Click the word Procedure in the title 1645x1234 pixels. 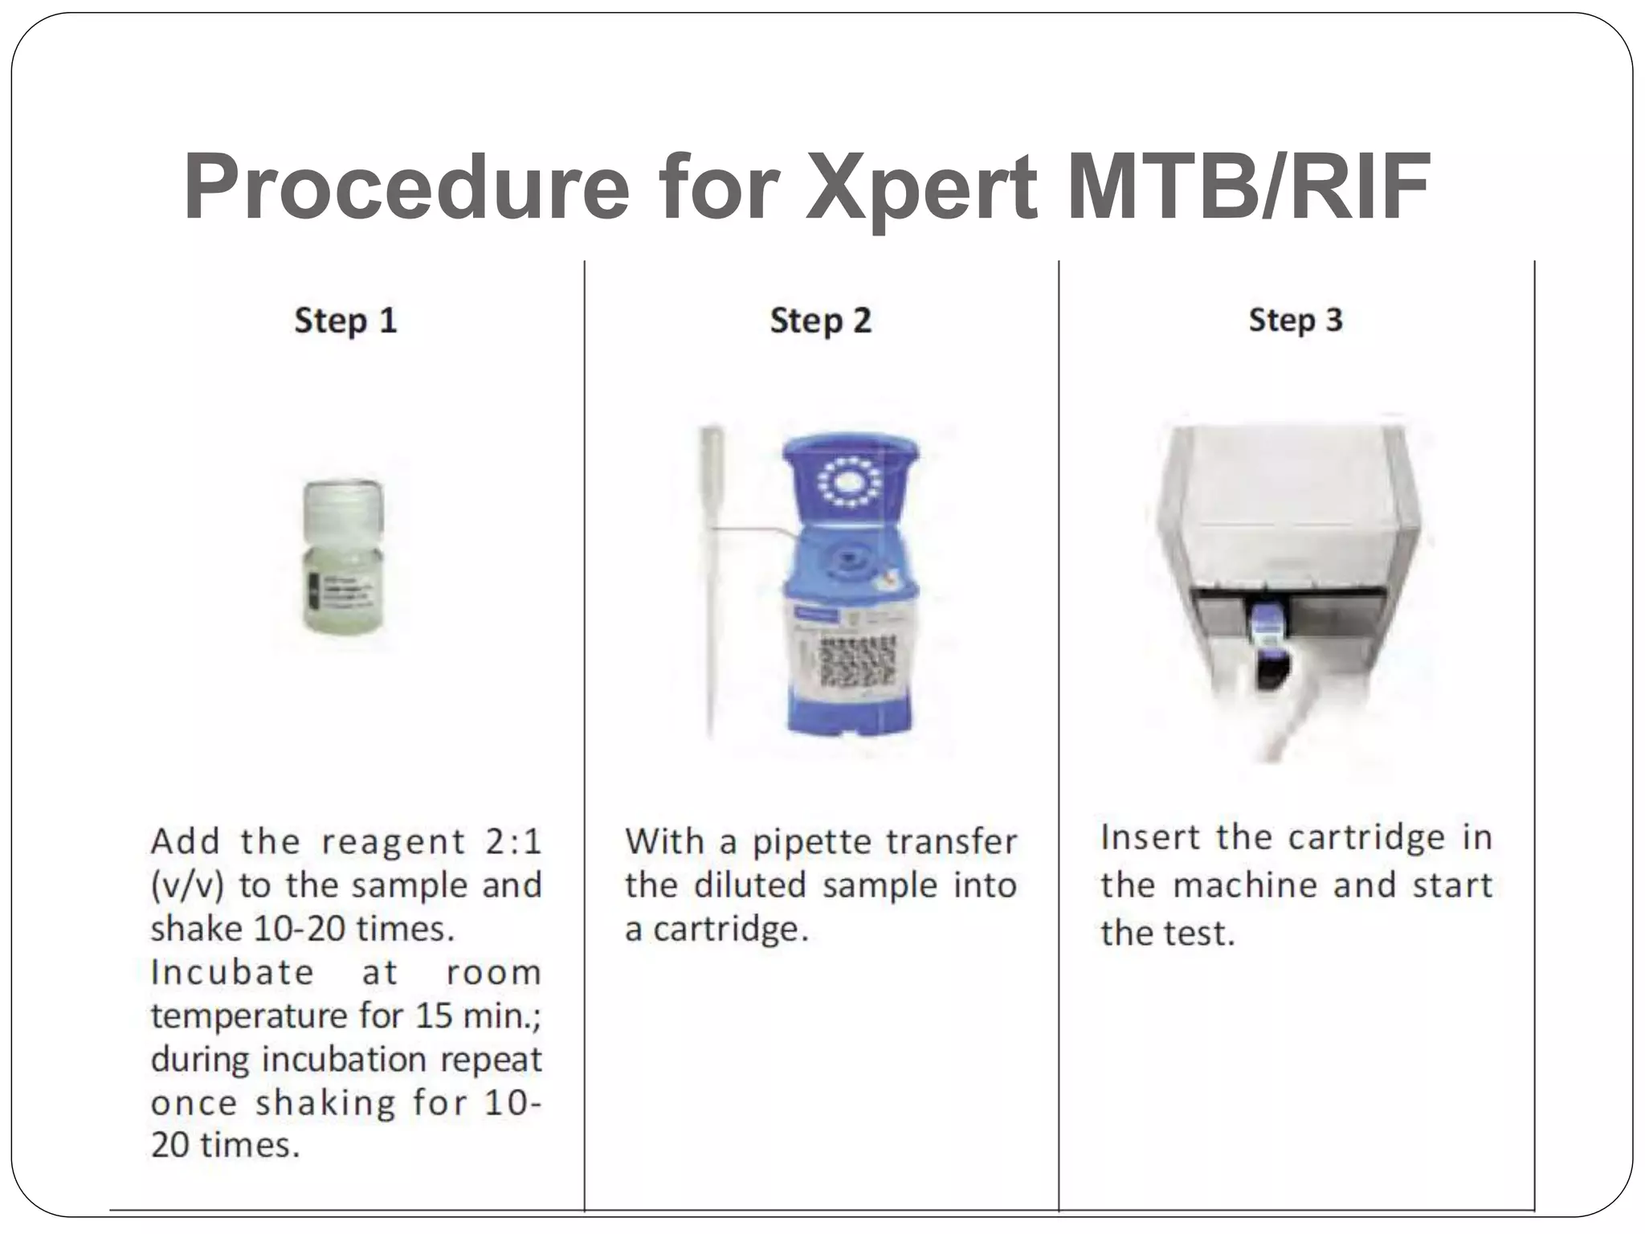tap(406, 187)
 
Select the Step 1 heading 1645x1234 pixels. tap(345, 321)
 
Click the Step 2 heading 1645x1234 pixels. tap(820, 321)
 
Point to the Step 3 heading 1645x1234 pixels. tap(1295, 320)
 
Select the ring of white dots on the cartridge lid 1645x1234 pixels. tap(848, 482)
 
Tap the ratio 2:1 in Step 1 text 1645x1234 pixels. tap(513, 842)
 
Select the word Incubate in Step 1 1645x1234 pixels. tap(233, 973)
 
